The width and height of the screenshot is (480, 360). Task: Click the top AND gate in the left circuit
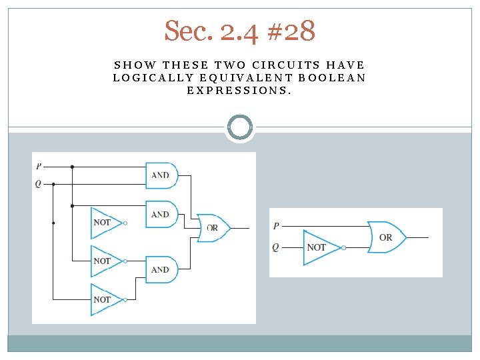pos(161,175)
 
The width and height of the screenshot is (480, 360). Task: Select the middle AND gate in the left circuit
pos(161,215)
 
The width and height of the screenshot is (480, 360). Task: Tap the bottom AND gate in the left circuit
pos(161,269)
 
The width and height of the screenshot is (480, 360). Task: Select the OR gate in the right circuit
pos(385,237)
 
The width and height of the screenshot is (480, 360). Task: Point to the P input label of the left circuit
pos(39,166)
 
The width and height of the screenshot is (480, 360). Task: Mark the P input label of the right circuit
pos(276,227)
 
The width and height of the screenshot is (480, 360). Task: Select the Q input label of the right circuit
pos(276,247)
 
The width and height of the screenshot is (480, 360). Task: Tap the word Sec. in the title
pos(188,31)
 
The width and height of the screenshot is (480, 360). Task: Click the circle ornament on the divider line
pos(240,127)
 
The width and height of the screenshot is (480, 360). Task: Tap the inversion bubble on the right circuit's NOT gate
pos(343,247)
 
